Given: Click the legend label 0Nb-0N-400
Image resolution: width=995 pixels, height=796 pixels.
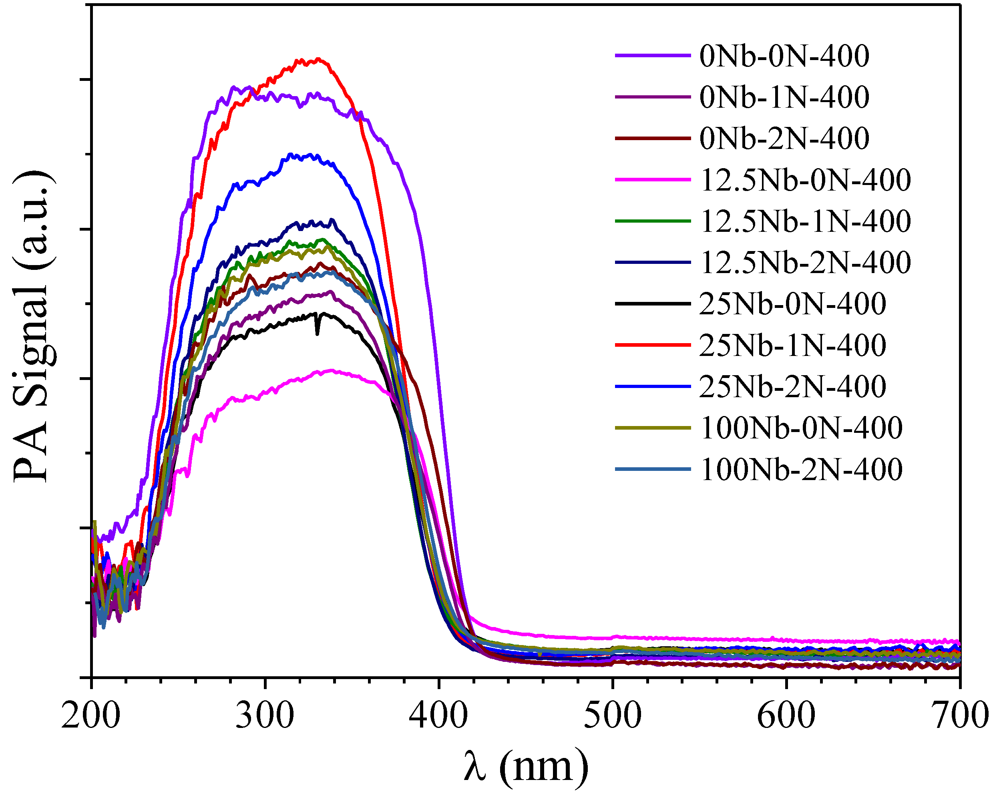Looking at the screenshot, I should click(784, 56).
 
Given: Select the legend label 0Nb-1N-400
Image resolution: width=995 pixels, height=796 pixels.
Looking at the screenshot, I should click(784, 97).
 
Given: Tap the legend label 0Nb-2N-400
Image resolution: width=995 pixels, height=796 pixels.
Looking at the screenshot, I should click(784, 139).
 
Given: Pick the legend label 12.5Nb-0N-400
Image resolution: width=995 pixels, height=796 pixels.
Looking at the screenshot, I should click(805, 180).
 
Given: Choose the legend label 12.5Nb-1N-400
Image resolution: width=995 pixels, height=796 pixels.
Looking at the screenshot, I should click(805, 221).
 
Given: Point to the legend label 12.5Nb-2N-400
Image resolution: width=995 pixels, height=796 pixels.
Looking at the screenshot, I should click(805, 263).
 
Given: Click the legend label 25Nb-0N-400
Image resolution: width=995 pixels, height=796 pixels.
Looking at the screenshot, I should click(792, 304).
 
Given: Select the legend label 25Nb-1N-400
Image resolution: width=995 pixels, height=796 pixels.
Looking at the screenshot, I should click(792, 345).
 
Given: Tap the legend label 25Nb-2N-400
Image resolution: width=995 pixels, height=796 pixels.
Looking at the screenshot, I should click(792, 386).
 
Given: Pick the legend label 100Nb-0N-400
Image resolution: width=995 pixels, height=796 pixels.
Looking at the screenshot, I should click(801, 428).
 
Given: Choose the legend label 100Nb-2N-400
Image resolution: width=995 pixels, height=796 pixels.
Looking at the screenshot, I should click(801, 469).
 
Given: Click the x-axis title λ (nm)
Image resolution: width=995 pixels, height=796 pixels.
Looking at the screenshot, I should click(526, 767).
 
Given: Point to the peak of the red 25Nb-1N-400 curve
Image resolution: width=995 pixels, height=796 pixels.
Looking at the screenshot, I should click(317, 60).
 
